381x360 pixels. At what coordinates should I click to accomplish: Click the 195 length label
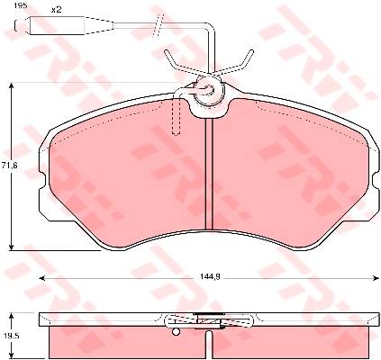[21, 5]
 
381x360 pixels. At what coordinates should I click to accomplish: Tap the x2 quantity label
[56, 10]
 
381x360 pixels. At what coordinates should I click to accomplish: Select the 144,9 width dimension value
[210, 277]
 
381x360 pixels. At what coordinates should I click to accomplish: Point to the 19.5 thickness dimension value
[6, 336]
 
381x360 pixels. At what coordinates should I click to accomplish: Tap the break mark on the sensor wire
[158, 25]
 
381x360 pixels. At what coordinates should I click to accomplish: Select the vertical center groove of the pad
[209, 175]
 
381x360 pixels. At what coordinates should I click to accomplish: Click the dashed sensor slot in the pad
[176, 116]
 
